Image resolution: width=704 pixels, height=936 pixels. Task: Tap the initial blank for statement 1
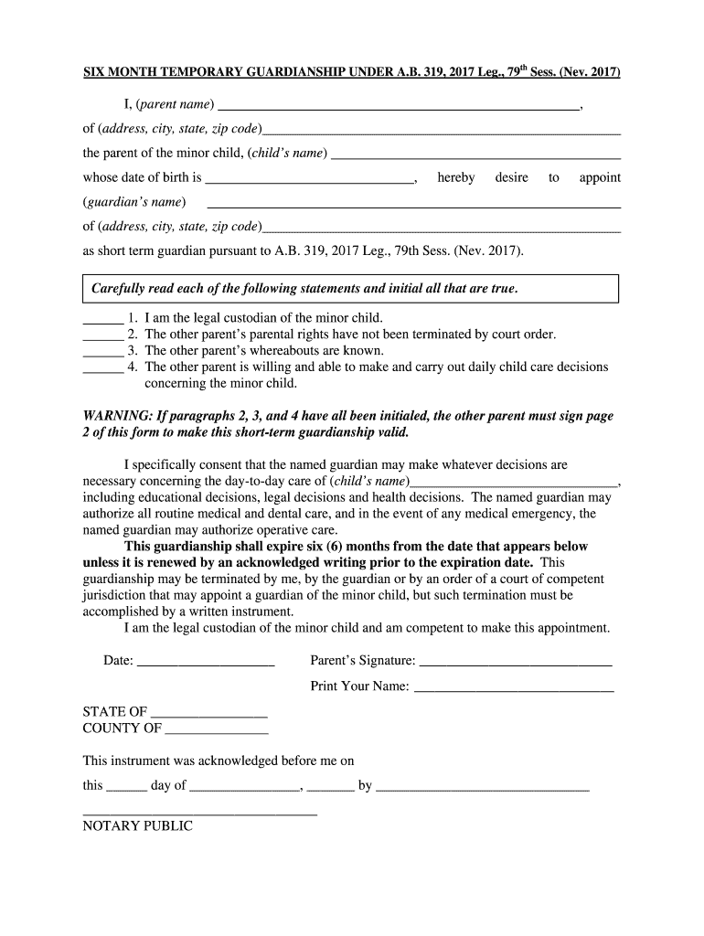[102, 321]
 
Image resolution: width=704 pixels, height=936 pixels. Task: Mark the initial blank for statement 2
[102, 337]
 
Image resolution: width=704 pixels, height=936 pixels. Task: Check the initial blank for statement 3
[102, 354]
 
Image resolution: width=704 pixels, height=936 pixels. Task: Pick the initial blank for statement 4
[102, 370]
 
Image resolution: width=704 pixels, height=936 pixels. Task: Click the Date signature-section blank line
[206, 664]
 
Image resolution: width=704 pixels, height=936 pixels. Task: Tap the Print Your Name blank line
[514, 689]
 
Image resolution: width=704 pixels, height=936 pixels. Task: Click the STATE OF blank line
[208, 715]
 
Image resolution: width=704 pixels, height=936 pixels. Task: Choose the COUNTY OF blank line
[217, 732]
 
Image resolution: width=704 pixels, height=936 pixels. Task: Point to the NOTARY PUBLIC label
[138, 826]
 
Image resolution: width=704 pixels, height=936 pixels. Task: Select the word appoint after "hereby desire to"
[599, 177]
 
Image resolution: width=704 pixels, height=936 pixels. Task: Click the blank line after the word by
[483, 788]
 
